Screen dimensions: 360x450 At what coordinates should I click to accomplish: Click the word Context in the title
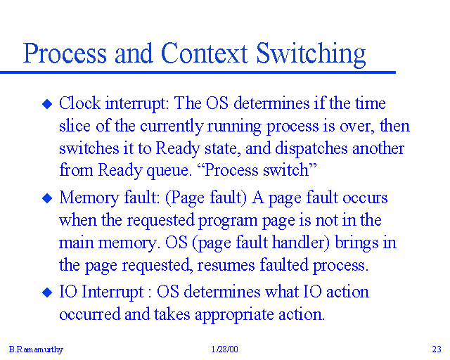pos(204,54)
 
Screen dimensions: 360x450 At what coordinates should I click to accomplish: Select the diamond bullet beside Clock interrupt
pos(48,104)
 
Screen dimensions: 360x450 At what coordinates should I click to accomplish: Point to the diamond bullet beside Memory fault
pos(48,198)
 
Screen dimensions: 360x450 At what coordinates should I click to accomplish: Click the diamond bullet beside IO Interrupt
pos(48,292)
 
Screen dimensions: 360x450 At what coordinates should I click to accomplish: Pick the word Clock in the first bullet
pos(79,104)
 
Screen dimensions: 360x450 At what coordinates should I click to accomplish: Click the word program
pos(231,221)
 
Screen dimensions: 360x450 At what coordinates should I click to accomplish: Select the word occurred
pos(90,314)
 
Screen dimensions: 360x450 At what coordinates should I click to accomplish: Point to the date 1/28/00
pos(224,349)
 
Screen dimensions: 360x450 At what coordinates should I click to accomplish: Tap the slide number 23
pos(436,349)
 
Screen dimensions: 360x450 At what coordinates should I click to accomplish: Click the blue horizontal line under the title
pos(197,72)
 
